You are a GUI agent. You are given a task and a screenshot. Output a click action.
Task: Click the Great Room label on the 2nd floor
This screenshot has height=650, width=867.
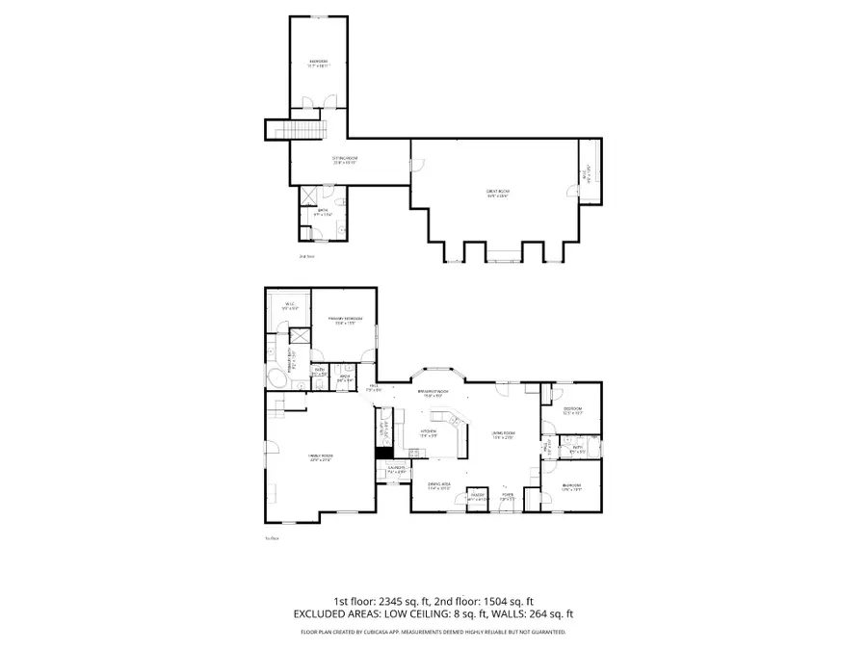[x=497, y=193]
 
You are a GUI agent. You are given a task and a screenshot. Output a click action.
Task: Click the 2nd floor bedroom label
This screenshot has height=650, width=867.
[x=319, y=64]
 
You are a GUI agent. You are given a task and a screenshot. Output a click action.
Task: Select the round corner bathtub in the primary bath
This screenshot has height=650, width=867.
[x=276, y=377]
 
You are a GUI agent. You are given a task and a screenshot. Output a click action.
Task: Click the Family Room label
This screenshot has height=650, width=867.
[x=320, y=459]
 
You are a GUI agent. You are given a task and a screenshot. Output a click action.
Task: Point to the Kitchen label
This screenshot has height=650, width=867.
[x=429, y=434]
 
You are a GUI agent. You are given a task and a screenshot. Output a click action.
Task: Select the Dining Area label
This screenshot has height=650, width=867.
[x=438, y=486]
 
